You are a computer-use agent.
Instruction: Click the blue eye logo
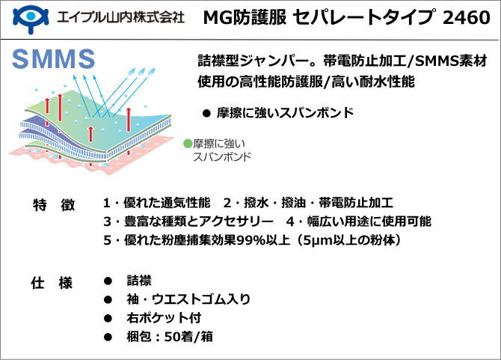click(31, 18)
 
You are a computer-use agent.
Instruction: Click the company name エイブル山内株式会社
click(121, 17)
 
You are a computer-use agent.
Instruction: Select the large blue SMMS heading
click(53, 59)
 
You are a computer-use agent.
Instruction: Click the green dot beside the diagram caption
click(188, 143)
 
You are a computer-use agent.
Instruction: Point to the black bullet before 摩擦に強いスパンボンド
click(206, 113)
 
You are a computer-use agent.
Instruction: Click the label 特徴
click(54, 204)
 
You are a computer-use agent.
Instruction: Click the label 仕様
click(52, 283)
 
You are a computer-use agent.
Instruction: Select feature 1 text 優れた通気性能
click(167, 203)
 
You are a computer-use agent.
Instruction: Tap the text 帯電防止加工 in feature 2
click(356, 203)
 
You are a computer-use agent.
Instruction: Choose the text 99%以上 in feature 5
click(263, 240)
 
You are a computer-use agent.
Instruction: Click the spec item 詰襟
click(139, 281)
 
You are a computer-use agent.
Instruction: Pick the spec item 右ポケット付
click(164, 318)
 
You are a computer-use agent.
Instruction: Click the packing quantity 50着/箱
click(188, 337)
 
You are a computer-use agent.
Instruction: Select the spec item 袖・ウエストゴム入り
click(188, 299)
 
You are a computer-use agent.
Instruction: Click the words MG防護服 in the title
click(245, 17)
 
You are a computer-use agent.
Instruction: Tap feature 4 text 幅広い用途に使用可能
click(369, 222)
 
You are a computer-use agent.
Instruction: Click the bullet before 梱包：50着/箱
click(108, 337)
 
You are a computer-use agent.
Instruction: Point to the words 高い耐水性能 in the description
click(373, 82)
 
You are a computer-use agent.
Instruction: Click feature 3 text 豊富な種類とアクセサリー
click(199, 222)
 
